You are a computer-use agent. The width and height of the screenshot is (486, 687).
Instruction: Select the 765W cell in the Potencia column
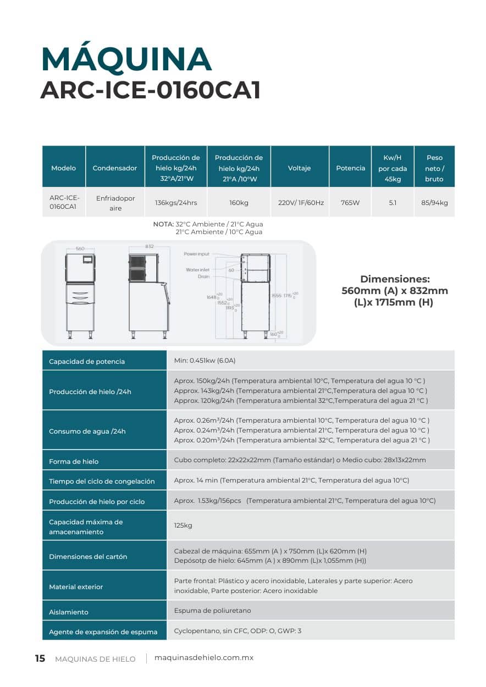click(350, 203)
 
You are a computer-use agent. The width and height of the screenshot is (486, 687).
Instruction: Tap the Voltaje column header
click(300, 168)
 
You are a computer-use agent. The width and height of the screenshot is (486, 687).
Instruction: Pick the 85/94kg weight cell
click(434, 203)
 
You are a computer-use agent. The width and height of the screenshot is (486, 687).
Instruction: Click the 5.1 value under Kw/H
click(393, 203)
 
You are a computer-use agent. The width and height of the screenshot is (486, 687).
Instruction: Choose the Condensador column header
click(115, 168)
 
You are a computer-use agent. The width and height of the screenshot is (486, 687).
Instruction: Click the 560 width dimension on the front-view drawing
click(80, 248)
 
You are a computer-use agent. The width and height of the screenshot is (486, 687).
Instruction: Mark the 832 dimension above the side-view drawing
click(150, 247)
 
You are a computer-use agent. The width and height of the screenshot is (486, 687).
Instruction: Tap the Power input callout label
click(196, 254)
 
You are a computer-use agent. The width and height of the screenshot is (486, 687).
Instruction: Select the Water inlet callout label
click(197, 270)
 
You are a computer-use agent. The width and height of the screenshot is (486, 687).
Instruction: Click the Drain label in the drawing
click(203, 277)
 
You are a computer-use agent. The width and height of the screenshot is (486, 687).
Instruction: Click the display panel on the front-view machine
click(87, 259)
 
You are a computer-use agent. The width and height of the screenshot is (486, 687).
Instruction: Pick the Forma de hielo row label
click(74, 462)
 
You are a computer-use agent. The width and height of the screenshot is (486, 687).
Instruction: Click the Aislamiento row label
click(69, 612)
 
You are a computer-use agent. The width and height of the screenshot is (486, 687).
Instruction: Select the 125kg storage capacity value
click(183, 526)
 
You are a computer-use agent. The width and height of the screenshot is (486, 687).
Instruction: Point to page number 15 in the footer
click(40, 658)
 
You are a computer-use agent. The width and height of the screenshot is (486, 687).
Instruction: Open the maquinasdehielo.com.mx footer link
click(204, 658)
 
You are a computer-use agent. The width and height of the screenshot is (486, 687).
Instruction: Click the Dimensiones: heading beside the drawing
click(395, 279)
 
